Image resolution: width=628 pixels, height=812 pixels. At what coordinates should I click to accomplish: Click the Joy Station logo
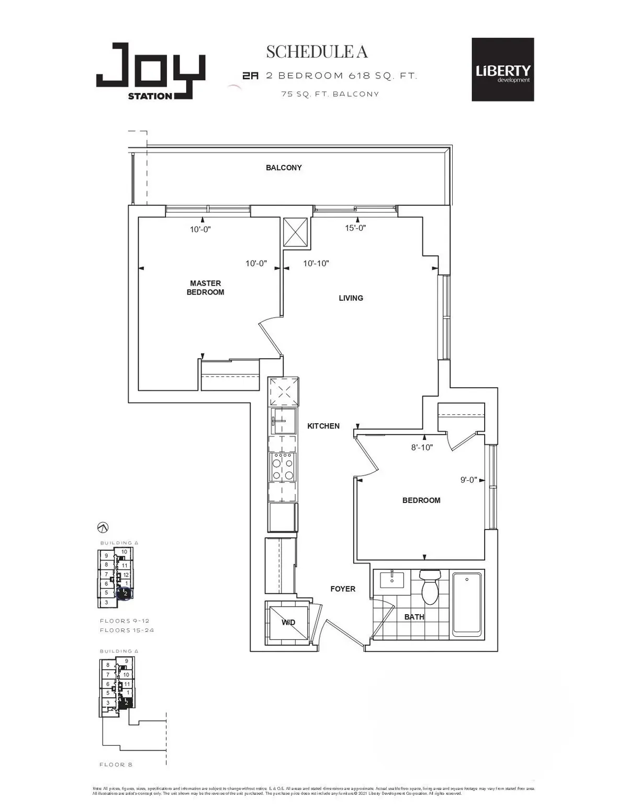(150, 71)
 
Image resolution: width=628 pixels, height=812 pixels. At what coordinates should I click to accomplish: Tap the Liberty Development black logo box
(502, 69)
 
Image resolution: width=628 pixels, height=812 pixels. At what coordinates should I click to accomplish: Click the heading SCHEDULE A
(317, 52)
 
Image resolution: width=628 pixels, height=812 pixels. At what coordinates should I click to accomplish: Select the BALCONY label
(284, 168)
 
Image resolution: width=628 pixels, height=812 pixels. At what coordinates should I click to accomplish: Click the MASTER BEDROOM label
(205, 288)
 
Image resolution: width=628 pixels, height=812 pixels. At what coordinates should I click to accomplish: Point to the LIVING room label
(351, 298)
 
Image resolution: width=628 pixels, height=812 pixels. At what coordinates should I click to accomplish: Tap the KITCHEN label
(323, 426)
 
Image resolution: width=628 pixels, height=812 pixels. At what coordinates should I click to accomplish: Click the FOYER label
(343, 589)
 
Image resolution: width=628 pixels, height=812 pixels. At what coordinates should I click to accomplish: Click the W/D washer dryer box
(288, 621)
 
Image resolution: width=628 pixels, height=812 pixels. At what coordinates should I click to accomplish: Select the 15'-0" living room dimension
(355, 228)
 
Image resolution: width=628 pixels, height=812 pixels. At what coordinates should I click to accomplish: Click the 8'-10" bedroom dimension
(422, 448)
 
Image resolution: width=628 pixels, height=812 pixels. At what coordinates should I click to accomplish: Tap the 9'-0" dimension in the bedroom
(468, 480)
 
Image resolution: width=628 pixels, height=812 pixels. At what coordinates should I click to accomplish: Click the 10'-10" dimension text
(316, 264)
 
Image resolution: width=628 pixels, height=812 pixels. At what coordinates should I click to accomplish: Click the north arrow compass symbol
(103, 527)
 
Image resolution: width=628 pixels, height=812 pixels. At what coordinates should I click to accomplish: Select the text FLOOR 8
(116, 764)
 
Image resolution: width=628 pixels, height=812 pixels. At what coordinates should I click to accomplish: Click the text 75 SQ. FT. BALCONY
(329, 94)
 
